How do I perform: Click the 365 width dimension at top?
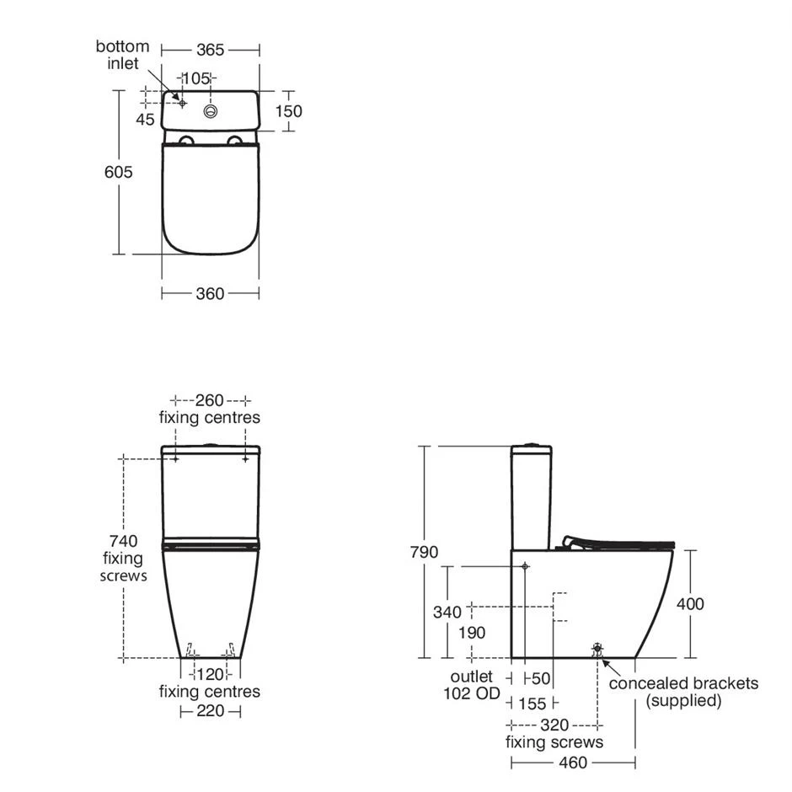click(x=210, y=50)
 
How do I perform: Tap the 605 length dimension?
click(x=118, y=172)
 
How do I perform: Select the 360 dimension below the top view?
click(x=210, y=293)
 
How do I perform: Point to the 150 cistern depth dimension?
click(x=288, y=111)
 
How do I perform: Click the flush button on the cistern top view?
click(x=211, y=111)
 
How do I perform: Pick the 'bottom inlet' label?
click(x=123, y=55)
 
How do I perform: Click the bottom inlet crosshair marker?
click(x=182, y=103)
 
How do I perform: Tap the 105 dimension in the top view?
click(x=196, y=78)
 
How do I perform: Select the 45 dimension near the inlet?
click(x=145, y=119)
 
